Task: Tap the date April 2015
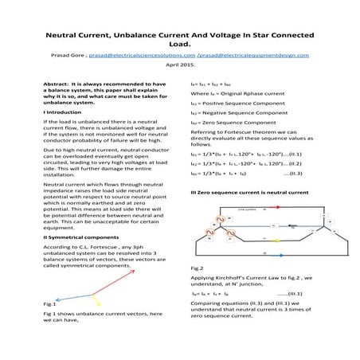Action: [179, 65]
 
